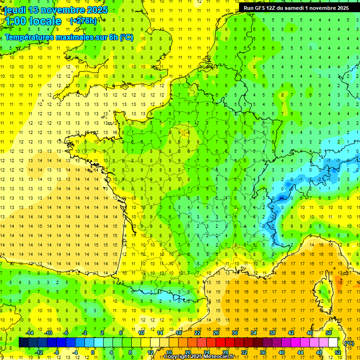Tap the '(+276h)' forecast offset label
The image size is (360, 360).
pyautogui.click(x=83, y=21)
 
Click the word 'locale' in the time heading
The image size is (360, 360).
pyautogui.click(x=45, y=21)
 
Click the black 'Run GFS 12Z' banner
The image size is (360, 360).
pyautogui.click(x=296, y=8)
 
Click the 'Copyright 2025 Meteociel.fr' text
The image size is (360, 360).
pyautogui.click(x=199, y=357)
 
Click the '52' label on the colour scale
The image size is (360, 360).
pyautogui.click(x=337, y=352)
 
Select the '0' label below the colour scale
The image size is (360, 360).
pyautogui.click(x=93, y=352)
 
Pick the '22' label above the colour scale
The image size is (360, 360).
pyautogui.click(x=198, y=333)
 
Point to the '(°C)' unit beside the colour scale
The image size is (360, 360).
pyautogui.click(x=349, y=343)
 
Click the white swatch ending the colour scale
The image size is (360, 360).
pyautogui.click(x=333, y=343)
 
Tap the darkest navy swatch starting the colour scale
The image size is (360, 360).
pyautogui.click(x=23, y=343)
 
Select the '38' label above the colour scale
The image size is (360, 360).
pyautogui.click(x=272, y=333)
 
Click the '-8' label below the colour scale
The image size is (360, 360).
pyautogui.click(x=57, y=352)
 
